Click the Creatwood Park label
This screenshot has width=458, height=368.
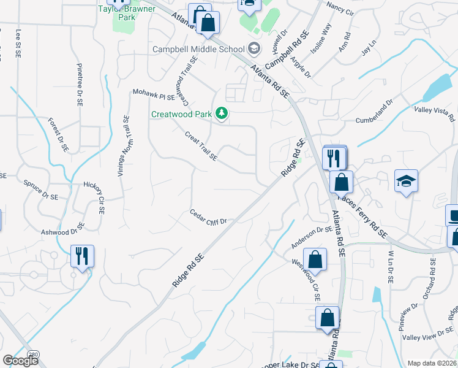pyautogui.click(x=181, y=114)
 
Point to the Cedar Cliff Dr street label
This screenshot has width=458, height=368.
pyautogui.click(x=208, y=217)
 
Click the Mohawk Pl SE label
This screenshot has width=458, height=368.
pyautogui.click(x=154, y=95)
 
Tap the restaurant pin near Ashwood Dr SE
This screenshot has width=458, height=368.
pyautogui.click(x=82, y=256)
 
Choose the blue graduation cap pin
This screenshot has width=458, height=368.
pyautogui.click(x=406, y=181)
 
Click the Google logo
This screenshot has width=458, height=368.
pyautogui.click(x=20, y=361)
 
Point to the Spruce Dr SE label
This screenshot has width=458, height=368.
pyautogui.click(x=40, y=190)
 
